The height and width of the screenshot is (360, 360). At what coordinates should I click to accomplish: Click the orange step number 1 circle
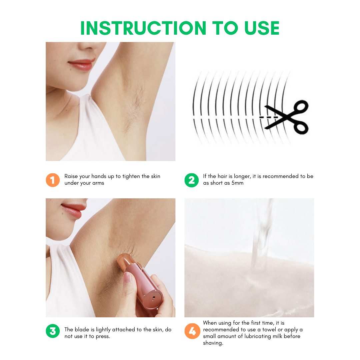(x=52, y=180)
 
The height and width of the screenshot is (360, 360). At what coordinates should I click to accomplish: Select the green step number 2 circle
(x=191, y=180)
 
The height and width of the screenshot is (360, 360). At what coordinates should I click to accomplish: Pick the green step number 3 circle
(x=52, y=331)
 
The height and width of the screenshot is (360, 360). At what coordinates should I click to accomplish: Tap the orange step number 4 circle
(x=191, y=331)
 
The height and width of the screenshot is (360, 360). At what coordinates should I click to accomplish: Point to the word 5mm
(x=237, y=183)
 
